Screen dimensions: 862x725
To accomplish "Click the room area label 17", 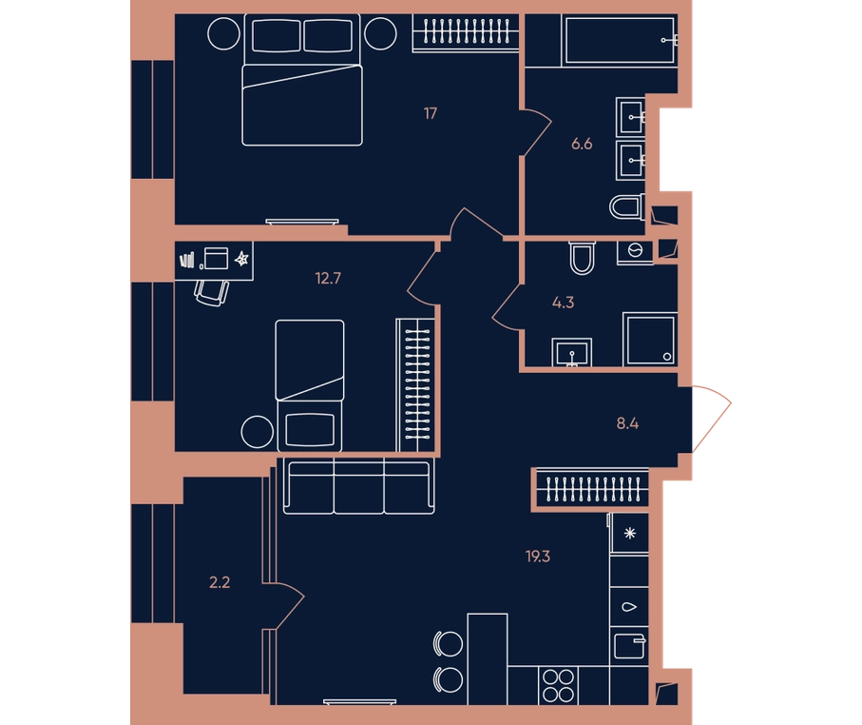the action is click(431, 113).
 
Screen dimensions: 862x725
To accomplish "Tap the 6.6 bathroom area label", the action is click(582, 144).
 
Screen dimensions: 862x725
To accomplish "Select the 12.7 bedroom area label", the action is click(328, 278).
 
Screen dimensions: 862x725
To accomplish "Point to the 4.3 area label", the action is click(563, 303).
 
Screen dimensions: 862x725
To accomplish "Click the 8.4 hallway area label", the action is click(627, 423).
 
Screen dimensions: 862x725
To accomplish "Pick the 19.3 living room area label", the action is click(538, 557).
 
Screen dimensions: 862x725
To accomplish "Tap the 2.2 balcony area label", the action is click(220, 582).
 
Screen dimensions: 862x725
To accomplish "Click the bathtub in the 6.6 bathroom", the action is click(620, 40).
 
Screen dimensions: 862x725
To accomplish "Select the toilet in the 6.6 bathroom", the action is click(627, 207).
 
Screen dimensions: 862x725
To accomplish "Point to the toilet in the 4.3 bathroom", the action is click(583, 258).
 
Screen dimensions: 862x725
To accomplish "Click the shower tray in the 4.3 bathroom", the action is click(650, 340).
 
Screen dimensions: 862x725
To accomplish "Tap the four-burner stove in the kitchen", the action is click(559, 685).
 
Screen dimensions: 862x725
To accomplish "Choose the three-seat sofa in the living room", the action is click(359, 485).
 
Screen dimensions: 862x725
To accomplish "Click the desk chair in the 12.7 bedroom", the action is click(212, 293).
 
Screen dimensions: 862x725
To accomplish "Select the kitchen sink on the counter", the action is click(629, 646).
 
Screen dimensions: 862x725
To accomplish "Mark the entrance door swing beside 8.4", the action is click(713, 419).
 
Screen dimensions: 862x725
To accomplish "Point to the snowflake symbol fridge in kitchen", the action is click(629, 533).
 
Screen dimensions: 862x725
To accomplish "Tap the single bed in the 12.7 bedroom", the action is click(310, 386).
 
